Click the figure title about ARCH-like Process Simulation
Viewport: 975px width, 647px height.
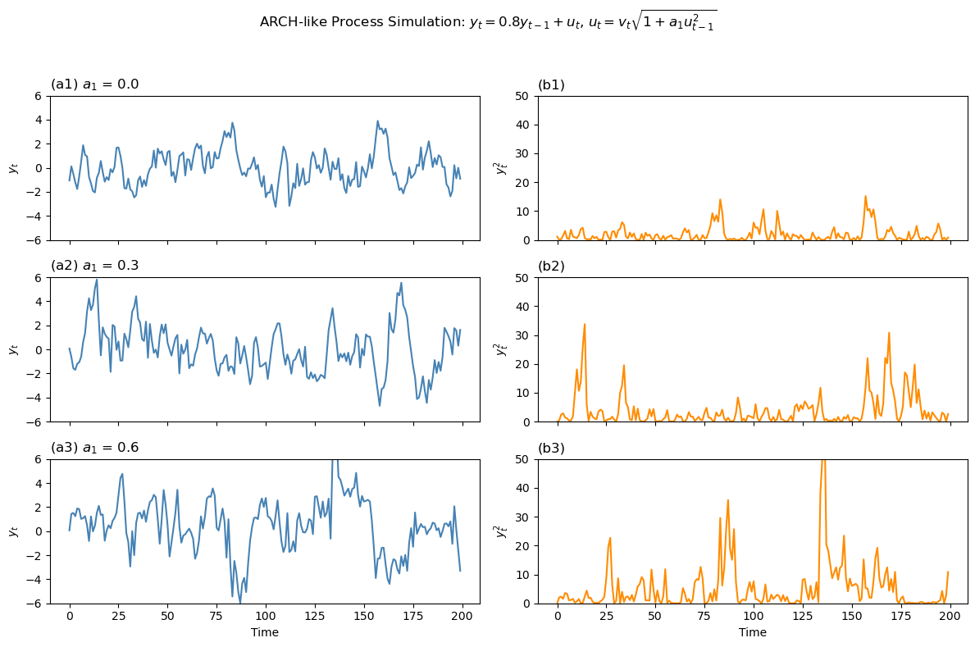tap(487, 22)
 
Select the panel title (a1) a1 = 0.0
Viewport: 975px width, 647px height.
tap(94, 84)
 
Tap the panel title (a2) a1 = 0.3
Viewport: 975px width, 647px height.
tap(94, 266)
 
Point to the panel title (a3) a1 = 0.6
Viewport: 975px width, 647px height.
tap(94, 448)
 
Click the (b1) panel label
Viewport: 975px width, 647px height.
tap(551, 85)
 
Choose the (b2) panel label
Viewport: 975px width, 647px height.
tap(551, 267)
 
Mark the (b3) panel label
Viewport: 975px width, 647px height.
tap(551, 449)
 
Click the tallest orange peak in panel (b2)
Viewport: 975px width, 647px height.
tap(585, 324)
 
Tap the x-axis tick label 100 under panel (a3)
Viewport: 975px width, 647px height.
tap(266, 615)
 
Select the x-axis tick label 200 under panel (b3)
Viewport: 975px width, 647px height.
tap(950, 615)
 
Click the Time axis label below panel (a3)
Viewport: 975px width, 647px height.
tap(265, 632)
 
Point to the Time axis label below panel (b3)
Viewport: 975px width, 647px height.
tap(752, 632)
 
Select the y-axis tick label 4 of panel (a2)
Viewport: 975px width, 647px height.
tap(38, 302)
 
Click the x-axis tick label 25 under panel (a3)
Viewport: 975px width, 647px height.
tap(118, 615)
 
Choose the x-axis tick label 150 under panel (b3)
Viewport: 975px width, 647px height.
tap(851, 615)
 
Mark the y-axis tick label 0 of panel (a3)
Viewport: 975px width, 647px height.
tap(38, 531)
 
